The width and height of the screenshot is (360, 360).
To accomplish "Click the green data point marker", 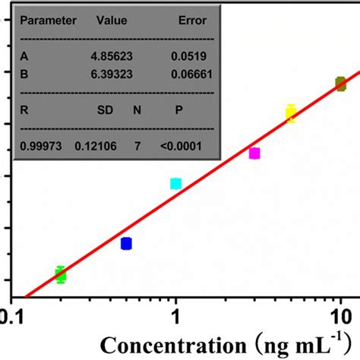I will click(x=61, y=275).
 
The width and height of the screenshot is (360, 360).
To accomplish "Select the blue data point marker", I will click(x=126, y=243).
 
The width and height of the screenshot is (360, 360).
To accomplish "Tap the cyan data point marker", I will click(x=175, y=184).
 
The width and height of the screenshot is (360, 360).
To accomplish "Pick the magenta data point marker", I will click(x=254, y=153).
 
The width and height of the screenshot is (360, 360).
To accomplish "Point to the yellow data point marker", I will click(x=290, y=114).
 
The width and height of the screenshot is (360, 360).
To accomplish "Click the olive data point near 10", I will click(x=340, y=84).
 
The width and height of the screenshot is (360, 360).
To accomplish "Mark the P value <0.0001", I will click(x=182, y=145).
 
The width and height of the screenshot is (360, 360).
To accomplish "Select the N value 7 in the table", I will click(x=137, y=145).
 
